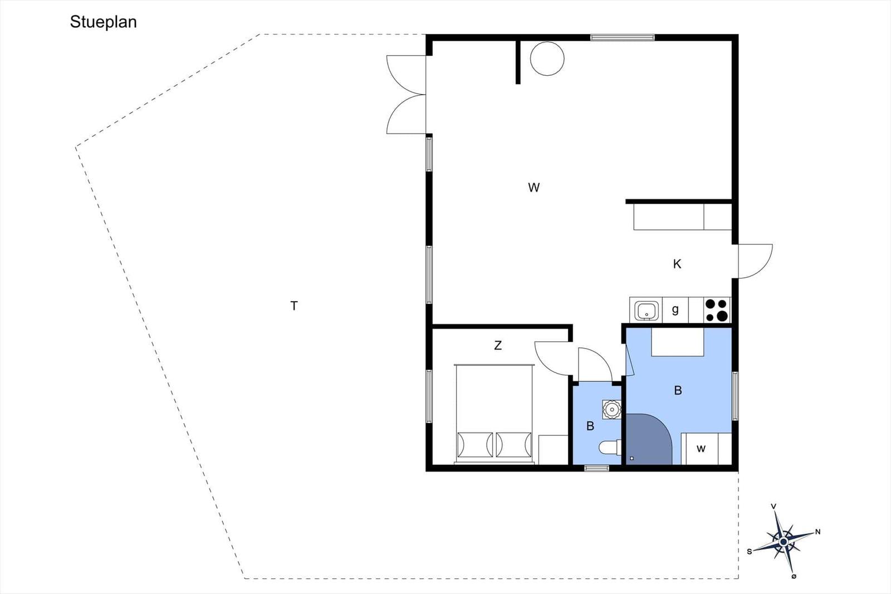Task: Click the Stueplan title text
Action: pos(104,22)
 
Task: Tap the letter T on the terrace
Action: pos(294,306)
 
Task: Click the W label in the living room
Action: pos(534,187)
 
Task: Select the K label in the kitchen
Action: pos(677,264)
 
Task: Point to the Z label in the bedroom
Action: pos(498,345)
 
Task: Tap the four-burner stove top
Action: pos(717,310)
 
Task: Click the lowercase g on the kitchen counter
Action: pos(675,310)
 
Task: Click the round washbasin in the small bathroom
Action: pos(611,409)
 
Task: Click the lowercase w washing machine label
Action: pos(701,449)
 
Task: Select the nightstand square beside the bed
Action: pos(554,449)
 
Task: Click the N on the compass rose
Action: pos(818,532)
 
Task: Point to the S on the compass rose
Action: pos(750,552)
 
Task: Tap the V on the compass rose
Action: pos(773,506)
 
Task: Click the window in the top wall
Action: pos(623,38)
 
